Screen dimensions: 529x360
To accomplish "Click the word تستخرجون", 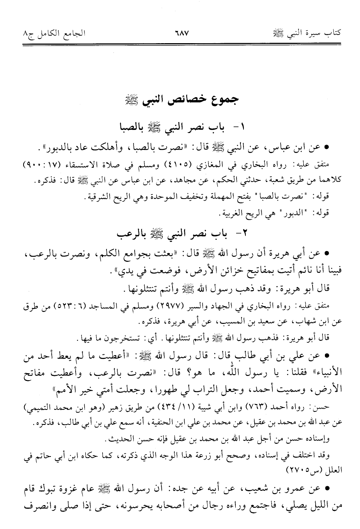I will pos(124,338).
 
